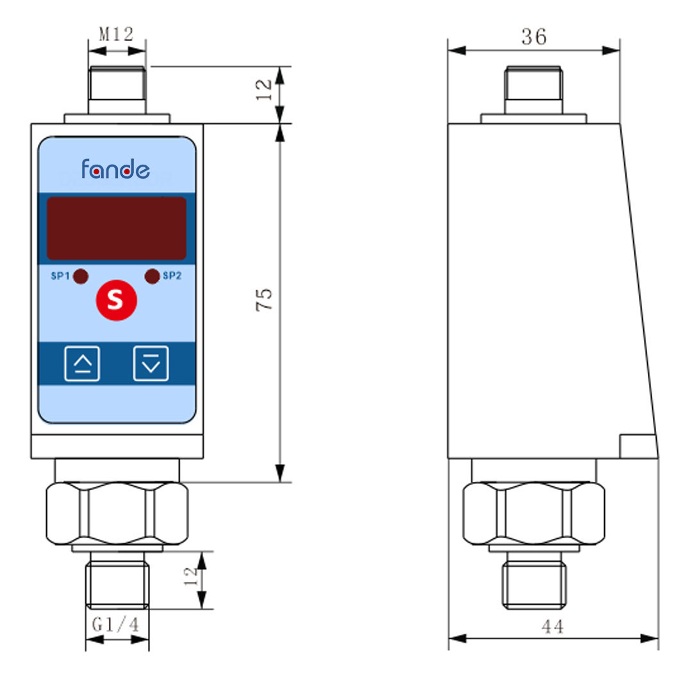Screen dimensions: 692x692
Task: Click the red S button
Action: coord(117,300)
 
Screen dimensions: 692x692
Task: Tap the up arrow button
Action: coord(82,364)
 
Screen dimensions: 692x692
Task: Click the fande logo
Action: coord(115,169)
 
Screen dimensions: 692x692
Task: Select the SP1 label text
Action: coord(60,276)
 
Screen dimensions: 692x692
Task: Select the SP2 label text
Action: coord(172,276)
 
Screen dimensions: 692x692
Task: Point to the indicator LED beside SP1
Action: coord(81,276)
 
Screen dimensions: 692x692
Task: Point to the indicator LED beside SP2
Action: coord(152,276)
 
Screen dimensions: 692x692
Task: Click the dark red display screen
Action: coord(117,228)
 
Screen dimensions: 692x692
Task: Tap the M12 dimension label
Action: coord(116,34)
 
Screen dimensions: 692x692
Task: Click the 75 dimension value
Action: coord(264,300)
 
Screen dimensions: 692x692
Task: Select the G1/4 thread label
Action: coord(115,625)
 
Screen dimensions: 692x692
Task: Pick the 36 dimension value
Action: coord(534,37)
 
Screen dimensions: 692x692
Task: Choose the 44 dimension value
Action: coord(552,627)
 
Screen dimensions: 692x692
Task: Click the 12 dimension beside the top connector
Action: coord(264,90)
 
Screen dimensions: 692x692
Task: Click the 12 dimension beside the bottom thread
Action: coord(191,577)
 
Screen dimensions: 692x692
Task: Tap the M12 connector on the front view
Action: coord(117,90)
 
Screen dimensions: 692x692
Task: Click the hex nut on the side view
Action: coord(534,513)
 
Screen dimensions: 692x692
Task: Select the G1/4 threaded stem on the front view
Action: coord(117,581)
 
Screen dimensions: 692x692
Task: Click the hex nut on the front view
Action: coord(117,513)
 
